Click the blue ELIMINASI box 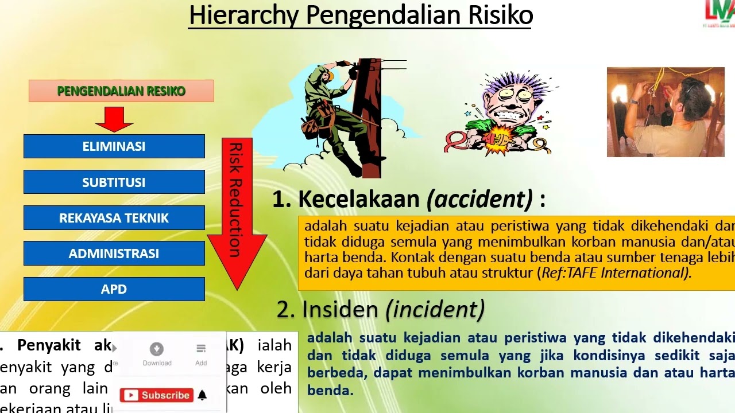114,146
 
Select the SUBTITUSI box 114,182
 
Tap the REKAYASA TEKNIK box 114,218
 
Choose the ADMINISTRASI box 114,254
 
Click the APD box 114,289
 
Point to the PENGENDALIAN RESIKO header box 121,91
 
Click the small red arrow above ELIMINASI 114,119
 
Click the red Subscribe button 157,395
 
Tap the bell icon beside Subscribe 202,395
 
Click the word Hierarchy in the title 244,15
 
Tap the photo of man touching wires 666,112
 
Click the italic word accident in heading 479,199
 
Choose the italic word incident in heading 435,310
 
